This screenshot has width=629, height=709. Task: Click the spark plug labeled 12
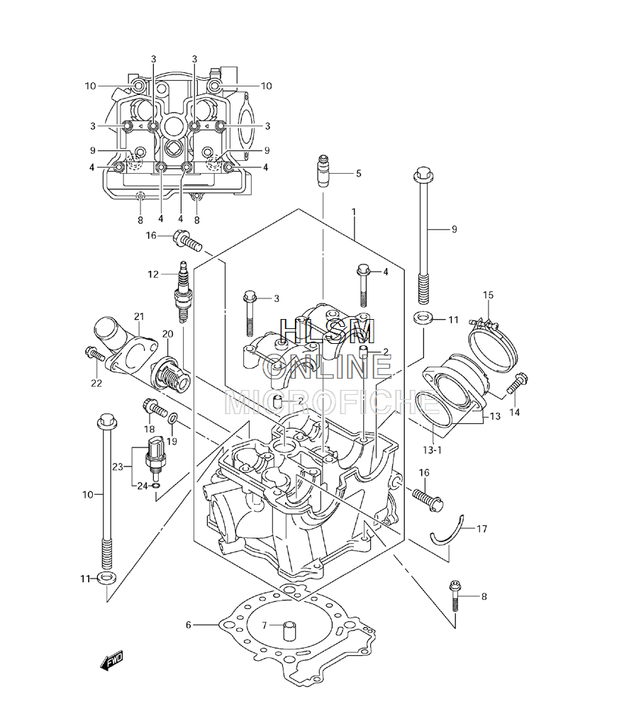tap(182, 291)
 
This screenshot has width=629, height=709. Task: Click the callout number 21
tap(139, 316)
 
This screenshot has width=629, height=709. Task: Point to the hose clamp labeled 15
tap(486, 344)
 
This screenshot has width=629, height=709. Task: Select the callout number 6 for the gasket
tap(189, 625)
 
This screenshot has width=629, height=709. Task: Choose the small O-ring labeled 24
tap(155, 486)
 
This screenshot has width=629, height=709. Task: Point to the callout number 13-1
tap(433, 450)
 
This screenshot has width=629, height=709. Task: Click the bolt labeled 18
tap(155, 407)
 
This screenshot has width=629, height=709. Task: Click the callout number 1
tap(354, 211)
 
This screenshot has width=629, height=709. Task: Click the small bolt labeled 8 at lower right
tap(455, 596)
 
